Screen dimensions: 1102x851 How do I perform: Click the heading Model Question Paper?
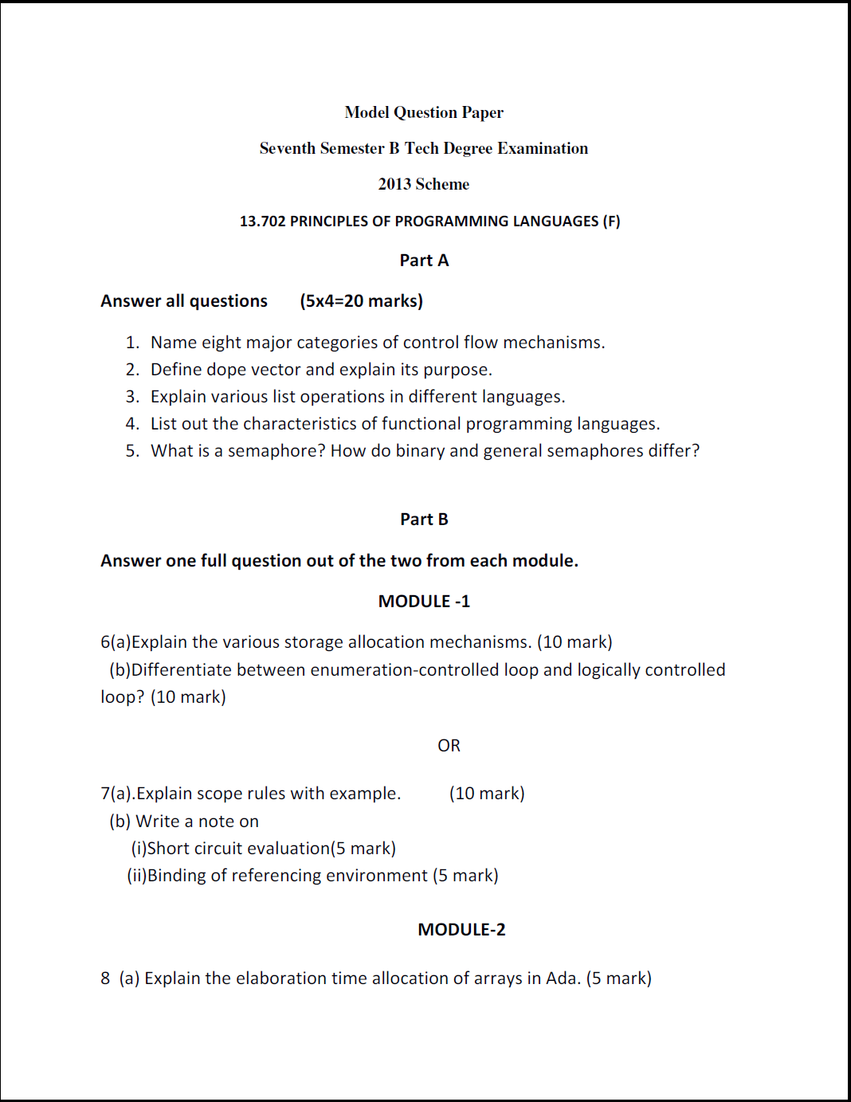[x=424, y=112]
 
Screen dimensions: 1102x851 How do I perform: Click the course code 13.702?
[x=262, y=222]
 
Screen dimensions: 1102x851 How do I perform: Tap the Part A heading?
[x=424, y=261]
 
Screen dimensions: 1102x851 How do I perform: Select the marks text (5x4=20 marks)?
[x=361, y=301]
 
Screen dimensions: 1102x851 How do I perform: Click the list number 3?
[x=132, y=397]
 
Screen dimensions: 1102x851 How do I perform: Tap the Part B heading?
[x=424, y=520]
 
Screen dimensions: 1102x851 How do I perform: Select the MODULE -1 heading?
[x=424, y=602]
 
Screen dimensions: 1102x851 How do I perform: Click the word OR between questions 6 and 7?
[x=449, y=746]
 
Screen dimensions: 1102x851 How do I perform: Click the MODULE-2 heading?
[x=461, y=930]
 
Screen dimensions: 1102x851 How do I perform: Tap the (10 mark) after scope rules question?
[x=487, y=794]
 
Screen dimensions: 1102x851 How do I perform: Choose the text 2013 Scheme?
[x=424, y=184]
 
